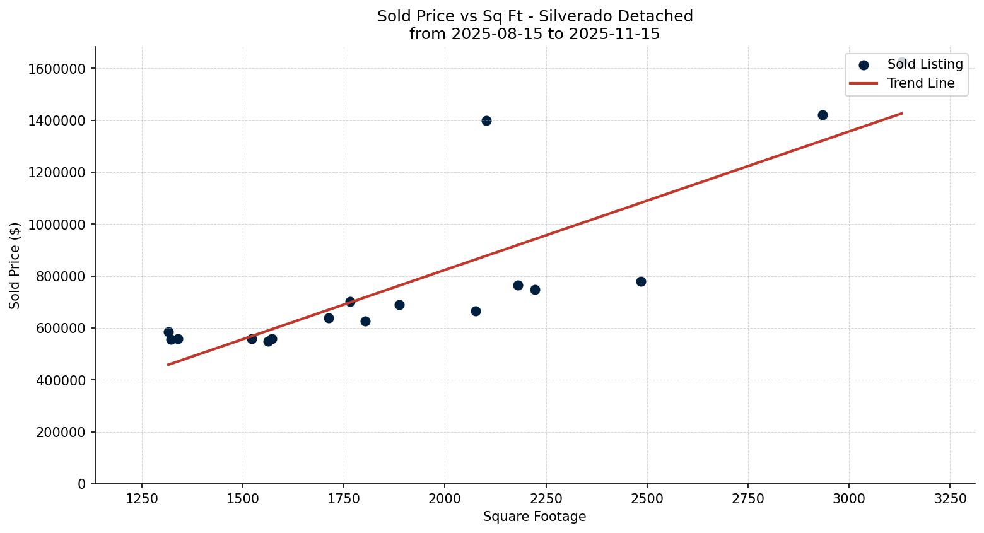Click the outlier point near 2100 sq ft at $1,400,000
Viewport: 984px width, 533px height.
[486, 120]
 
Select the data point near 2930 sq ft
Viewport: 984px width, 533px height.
[823, 115]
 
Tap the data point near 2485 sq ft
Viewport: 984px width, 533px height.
[641, 281]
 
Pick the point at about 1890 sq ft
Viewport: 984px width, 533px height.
[399, 305]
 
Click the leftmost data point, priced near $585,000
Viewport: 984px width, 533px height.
[168, 332]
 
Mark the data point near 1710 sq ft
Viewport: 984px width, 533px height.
[329, 318]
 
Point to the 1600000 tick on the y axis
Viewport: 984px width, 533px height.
[57, 69]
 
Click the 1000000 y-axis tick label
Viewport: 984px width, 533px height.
[57, 225]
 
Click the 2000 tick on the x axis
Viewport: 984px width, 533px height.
[445, 498]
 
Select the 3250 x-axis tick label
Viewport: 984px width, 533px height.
[950, 498]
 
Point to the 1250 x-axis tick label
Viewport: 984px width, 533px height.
[142, 498]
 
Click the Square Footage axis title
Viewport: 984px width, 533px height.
[534, 517]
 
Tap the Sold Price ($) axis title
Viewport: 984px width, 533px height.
[15, 266]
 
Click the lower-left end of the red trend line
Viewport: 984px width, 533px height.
[168, 364]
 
